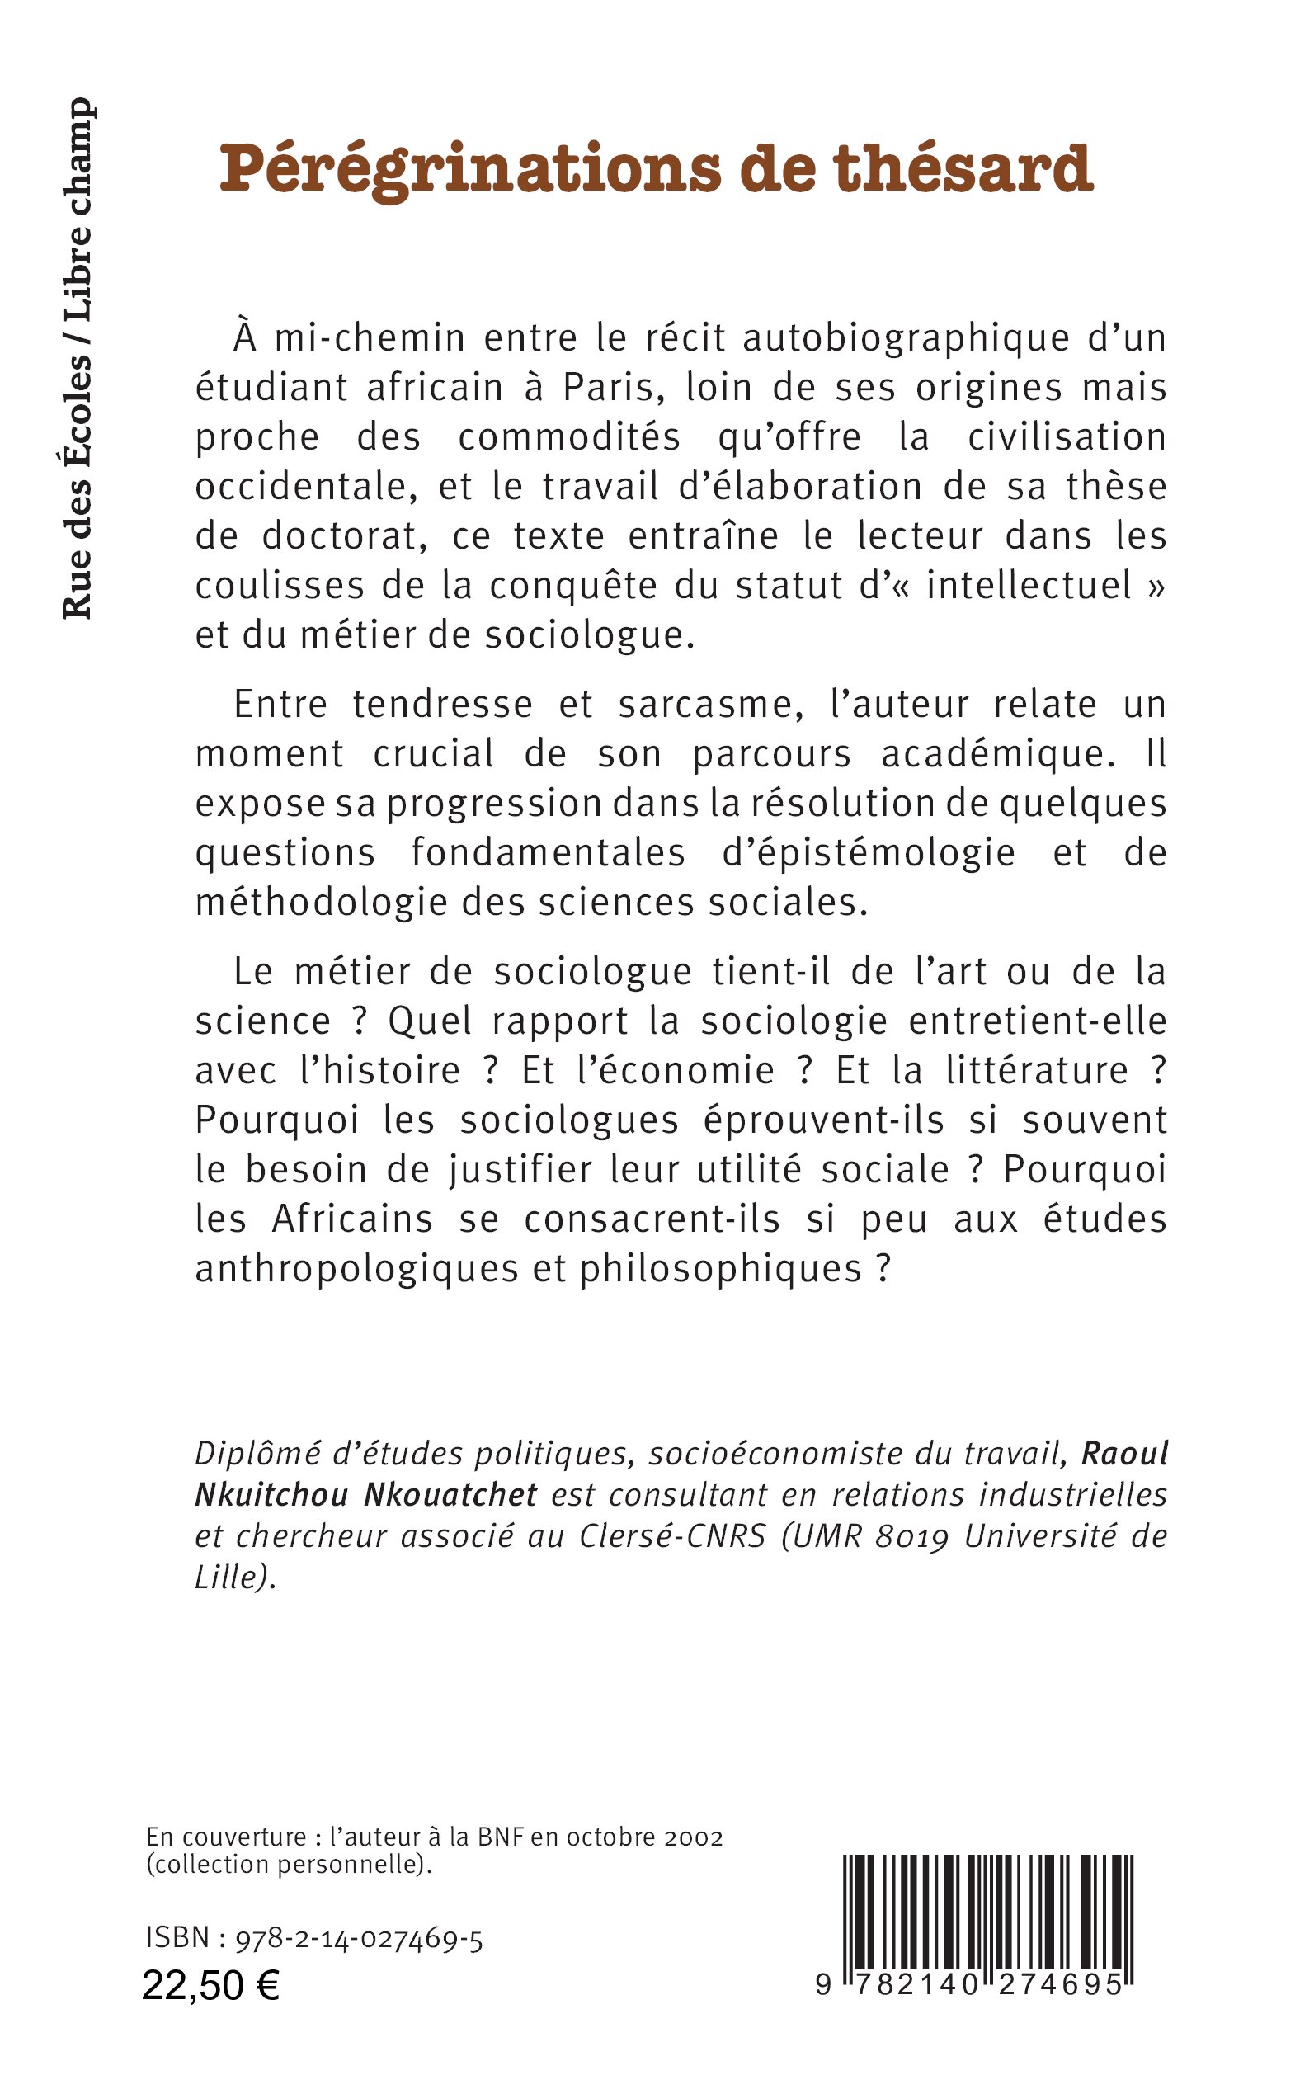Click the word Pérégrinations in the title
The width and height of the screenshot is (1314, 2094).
tap(470, 169)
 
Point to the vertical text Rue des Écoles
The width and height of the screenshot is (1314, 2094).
tap(79, 487)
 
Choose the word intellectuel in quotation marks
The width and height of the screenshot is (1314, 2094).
tap(1029, 585)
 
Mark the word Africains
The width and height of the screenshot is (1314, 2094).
tap(353, 1219)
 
